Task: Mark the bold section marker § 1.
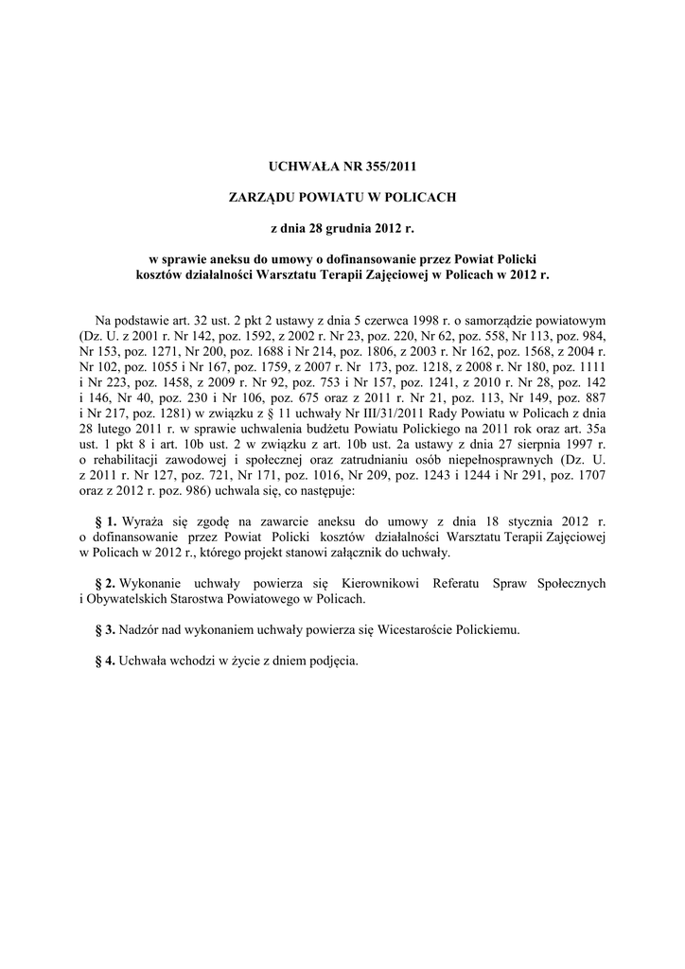(x=106, y=521)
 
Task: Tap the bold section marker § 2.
(x=106, y=584)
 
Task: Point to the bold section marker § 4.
(x=106, y=661)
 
